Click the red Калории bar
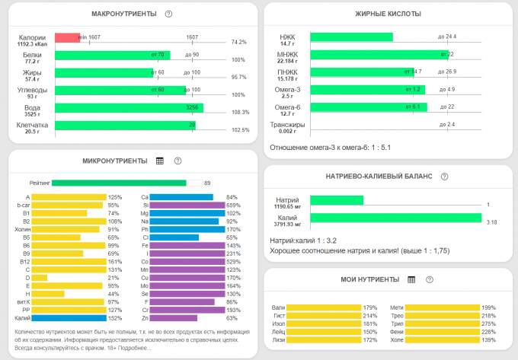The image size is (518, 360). [x=67, y=38]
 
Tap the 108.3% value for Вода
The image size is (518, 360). [x=240, y=112]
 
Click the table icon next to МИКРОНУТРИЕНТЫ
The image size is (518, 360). [x=160, y=161]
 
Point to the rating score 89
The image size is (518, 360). [x=207, y=183]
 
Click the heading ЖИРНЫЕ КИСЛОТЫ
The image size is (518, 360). [x=388, y=14]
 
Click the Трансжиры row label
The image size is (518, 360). [x=288, y=125]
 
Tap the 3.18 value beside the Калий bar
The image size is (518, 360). [x=491, y=222]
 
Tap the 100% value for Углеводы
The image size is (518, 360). [x=239, y=95]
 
